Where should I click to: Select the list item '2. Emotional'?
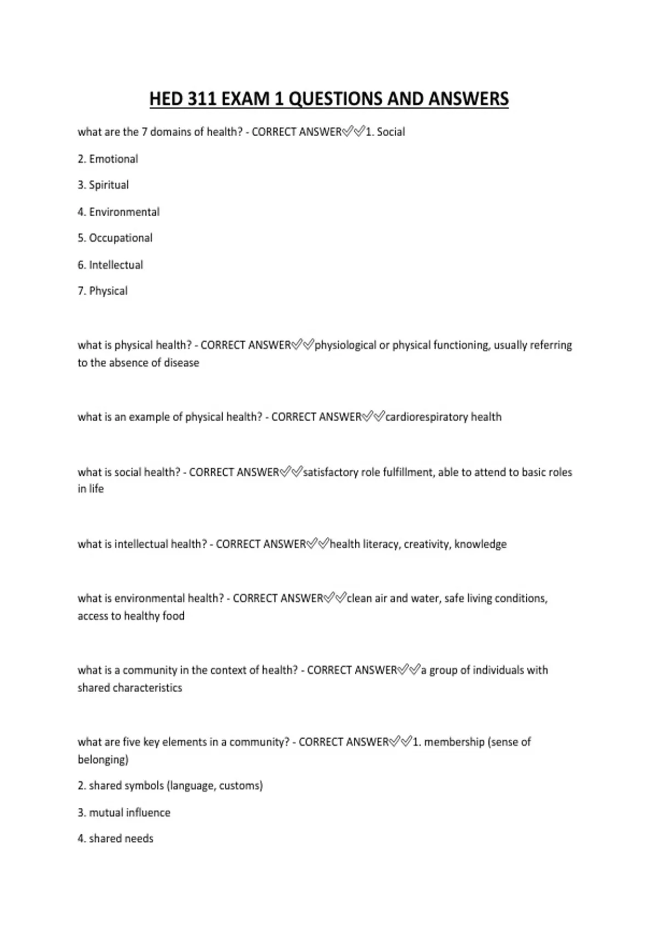tap(107, 159)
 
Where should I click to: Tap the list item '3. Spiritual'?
tap(103, 185)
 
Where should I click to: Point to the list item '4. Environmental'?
tap(118, 212)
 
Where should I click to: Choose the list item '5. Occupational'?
tap(115, 238)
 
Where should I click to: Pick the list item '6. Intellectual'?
tap(110, 265)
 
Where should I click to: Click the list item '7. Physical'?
tap(103, 291)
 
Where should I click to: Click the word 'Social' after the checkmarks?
tap(391, 132)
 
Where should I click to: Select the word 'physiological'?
tap(345, 345)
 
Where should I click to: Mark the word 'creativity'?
tap(426, 544)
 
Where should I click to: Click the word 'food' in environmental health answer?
tap(173, 616)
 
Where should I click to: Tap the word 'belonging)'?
tap(103, 760)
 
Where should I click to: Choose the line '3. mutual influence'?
tap(124, 813)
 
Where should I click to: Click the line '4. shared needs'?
tap(115, 839)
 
